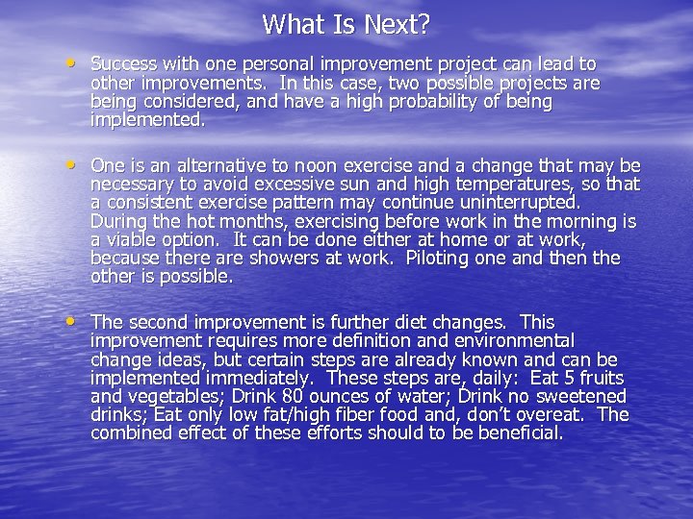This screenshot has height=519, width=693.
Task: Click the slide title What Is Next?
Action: [x=346, y=23]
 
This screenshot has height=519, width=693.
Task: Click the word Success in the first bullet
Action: [x=124, y=63]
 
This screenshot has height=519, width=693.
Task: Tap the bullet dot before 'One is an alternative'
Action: [x=75, y=165]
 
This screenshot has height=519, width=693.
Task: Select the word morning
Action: [x=583, y=222]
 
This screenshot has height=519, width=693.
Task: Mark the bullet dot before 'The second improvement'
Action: [x=75, y=322]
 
